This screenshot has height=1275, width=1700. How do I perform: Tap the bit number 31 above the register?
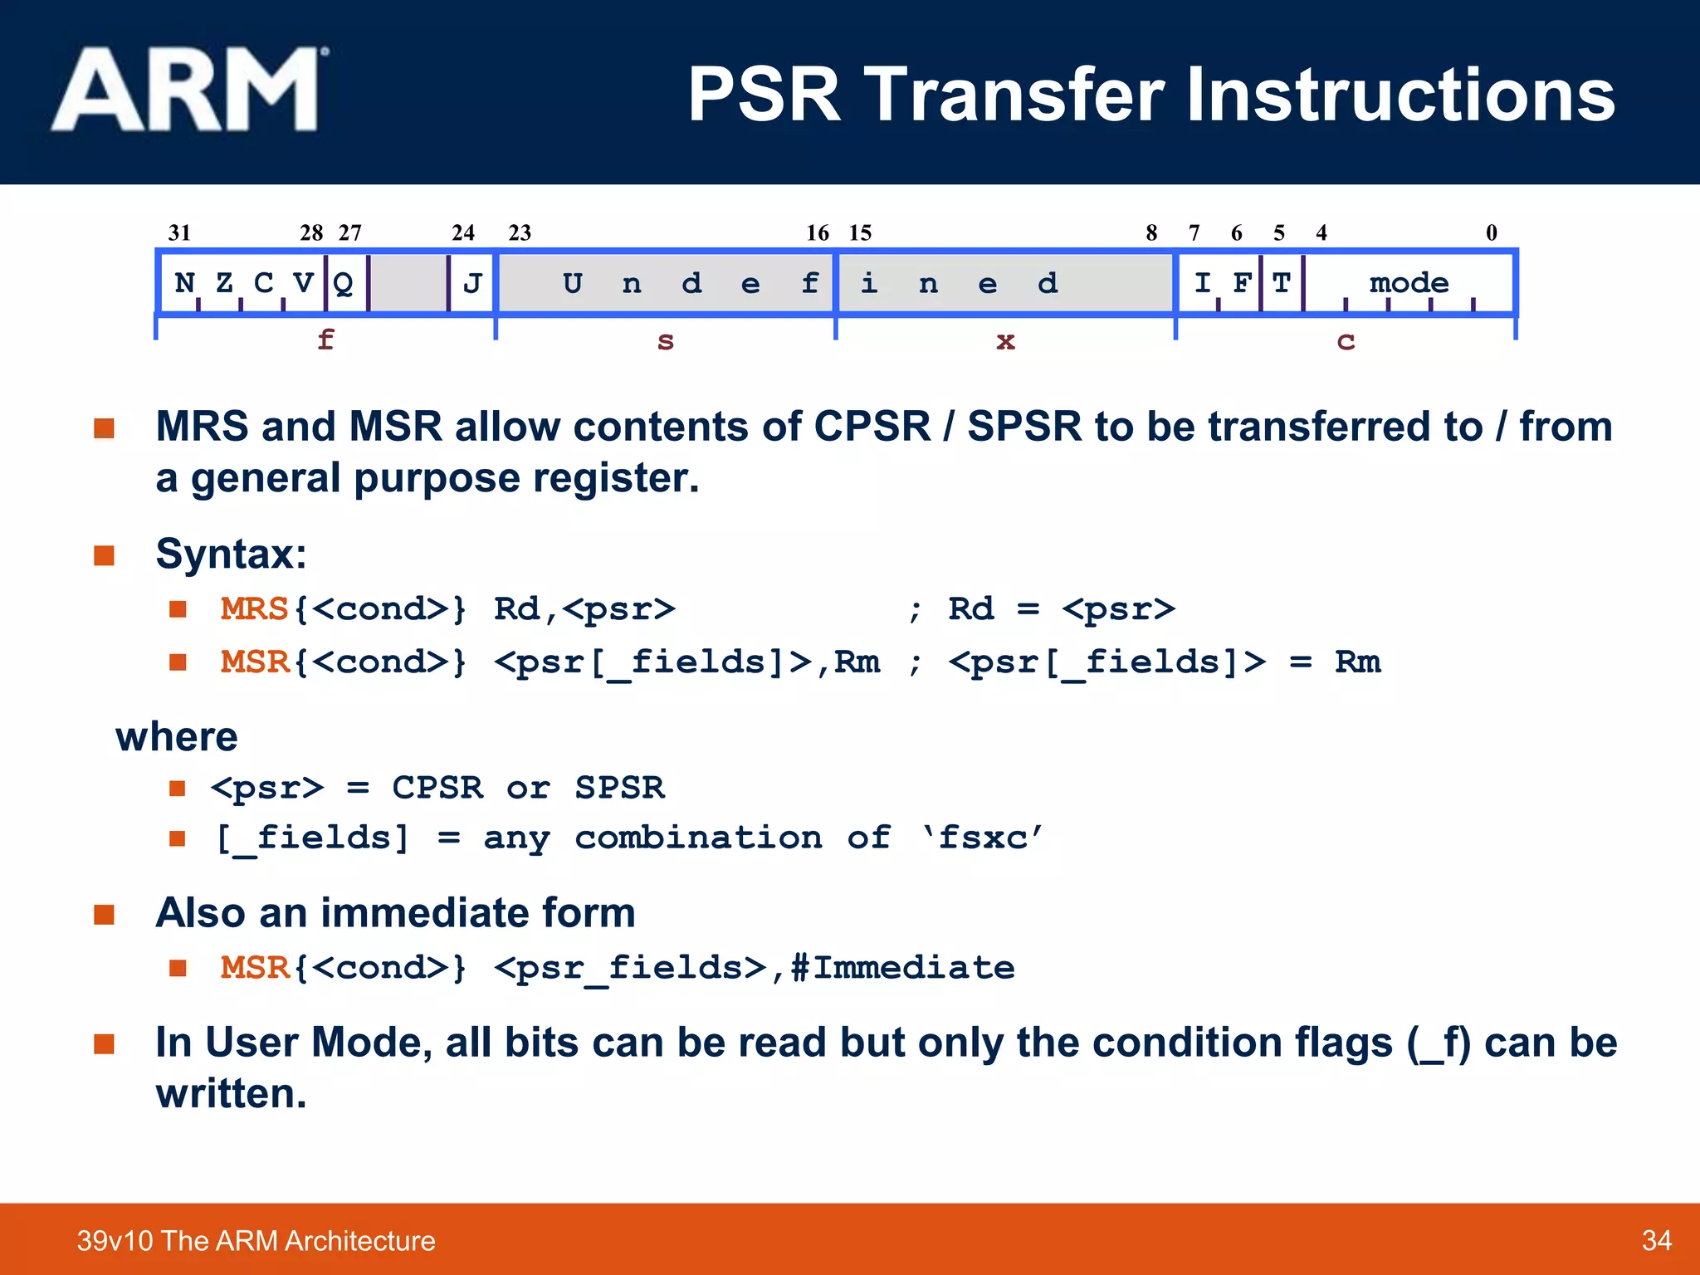click(x=179, y=232)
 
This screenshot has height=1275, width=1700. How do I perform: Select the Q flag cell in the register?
click(x=344, y=284)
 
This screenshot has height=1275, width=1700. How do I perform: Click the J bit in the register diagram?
click(x=472, y=284)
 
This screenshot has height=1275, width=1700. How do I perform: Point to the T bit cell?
click(x=1282, y=283)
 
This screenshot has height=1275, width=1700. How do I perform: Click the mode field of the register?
click(x=1409, y=283)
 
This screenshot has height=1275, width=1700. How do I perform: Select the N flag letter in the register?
click(x=184, y=283)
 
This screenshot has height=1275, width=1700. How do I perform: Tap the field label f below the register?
click(x=325, y=340)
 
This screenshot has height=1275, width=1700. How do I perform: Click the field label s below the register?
click(x=666, y=341)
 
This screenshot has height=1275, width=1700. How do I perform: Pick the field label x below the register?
click(x=1005, y=341)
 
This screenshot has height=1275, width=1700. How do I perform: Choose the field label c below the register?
click(x=1346, y=341)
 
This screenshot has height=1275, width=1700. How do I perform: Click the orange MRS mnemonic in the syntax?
click(x=254, y=609)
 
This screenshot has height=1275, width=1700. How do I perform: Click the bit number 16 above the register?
click(x=818, y=233)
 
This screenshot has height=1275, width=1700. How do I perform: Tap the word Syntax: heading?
click(x=231, y=554)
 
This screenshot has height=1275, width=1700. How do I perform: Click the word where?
click(x=177, y=737)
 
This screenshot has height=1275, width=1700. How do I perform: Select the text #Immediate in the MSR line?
click(x=902, y=968)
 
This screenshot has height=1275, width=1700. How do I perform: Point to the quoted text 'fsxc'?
click(x=982, y=838)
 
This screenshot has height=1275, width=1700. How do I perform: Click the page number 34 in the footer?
click(x=1656, y=1240)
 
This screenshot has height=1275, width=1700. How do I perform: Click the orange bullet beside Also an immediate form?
click(x=104, y=915)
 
